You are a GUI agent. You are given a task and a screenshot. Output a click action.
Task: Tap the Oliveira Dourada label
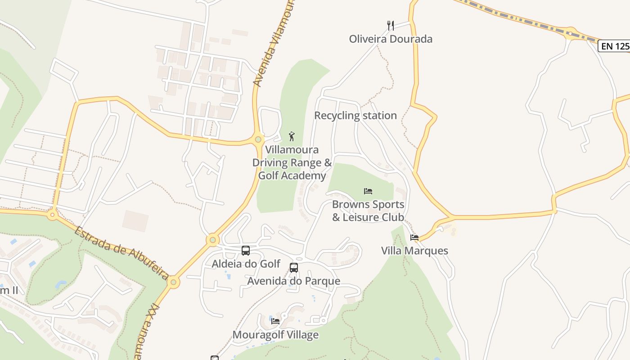coord(391,39)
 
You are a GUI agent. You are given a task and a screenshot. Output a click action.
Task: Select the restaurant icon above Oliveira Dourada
coord(391,26)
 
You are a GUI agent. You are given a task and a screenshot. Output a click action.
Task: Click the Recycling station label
coord(355,116)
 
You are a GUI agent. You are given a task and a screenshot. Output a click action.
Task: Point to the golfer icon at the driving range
coord(292,136)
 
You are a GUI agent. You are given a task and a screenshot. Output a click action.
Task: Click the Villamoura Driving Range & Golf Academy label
coord(292,162)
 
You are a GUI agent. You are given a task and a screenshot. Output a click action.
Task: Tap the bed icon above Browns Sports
coord(368,191)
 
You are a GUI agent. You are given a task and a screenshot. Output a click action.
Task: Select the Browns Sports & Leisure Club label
coord(368,211)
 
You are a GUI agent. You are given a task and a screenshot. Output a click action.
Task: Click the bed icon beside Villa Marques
coord(414,238)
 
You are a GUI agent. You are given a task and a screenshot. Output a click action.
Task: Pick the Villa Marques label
coord(414,251)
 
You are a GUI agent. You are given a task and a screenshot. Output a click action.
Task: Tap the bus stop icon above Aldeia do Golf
coord(246,251)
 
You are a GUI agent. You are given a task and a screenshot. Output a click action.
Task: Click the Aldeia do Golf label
coord(246,264)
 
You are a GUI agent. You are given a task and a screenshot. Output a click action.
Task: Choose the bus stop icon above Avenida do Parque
coord(294,268)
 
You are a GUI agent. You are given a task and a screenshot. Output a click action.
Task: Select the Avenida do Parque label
coord(294,281)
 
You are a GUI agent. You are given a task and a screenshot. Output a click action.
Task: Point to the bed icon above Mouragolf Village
coord(275,321)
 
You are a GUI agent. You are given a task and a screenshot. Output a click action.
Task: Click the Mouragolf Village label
coord(275,335)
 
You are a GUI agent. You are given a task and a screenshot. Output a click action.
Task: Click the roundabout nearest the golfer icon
coord(258,139)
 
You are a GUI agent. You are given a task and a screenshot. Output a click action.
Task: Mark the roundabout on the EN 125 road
coord(571,33)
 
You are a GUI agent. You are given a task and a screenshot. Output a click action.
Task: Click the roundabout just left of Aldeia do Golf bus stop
coord(213,240)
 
